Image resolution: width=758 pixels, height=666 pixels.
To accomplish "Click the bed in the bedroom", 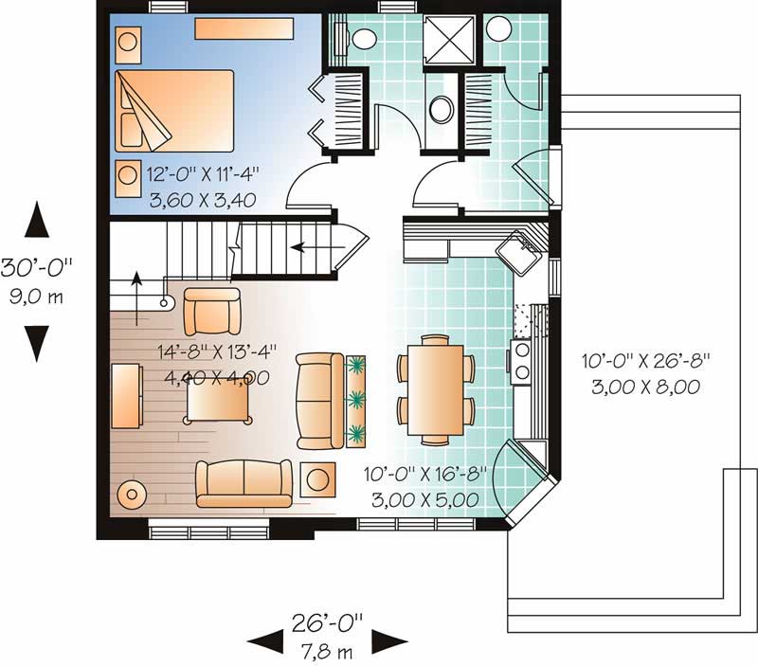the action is pos(174,111).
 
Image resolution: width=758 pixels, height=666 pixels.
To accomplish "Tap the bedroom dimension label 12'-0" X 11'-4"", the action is pos(203,173).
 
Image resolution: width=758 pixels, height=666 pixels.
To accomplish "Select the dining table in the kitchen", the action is pos(436,389).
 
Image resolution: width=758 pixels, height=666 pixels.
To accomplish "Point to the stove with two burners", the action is pos(521,362).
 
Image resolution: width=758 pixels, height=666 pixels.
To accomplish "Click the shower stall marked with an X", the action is pos(449,40).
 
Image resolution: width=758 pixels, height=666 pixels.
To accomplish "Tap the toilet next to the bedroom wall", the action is pos(359,39).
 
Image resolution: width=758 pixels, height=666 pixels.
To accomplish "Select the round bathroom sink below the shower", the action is pos(442,109).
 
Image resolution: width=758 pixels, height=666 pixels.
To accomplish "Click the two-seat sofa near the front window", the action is pos(244,483).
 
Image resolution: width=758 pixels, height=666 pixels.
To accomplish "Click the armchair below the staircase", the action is pos(212,312).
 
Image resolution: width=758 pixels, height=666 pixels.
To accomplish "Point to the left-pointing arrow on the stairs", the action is pos(318,247).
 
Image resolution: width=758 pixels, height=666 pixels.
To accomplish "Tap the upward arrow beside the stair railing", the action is pos(136,297).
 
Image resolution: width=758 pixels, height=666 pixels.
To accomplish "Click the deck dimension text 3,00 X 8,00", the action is pos(646,387).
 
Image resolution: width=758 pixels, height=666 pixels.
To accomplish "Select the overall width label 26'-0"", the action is pos(327,623).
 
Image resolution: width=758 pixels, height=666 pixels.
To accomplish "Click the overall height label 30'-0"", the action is pos(37,267).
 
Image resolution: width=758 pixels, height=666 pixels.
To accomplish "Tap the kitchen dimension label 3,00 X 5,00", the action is pos(425,499).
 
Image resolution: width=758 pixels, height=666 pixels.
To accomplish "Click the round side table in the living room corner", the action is pos(132,494).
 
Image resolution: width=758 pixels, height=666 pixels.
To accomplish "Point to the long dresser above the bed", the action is pos(244,28).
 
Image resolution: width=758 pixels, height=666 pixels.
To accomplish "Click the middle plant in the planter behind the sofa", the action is pos(356,400).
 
